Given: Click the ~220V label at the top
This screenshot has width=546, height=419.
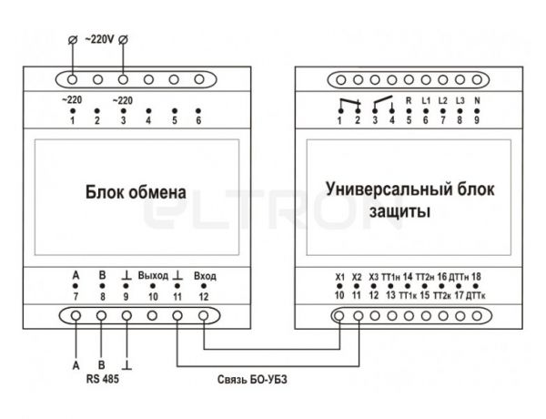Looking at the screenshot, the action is point(99,39).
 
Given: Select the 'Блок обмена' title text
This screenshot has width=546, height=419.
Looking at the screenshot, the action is point(136,192).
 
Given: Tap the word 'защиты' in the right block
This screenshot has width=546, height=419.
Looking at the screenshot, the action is point(399,211).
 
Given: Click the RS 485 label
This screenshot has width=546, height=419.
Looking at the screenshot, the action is point(102,379).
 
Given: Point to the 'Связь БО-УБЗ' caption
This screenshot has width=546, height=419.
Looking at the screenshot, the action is point(252,379).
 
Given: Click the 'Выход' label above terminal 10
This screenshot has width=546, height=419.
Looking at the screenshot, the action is point(153,275).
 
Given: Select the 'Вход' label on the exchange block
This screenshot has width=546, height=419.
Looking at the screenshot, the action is point(205,276).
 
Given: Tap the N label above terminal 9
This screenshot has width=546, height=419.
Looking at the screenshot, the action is point(477,100).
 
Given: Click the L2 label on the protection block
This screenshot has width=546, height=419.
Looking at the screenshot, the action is point(442,100).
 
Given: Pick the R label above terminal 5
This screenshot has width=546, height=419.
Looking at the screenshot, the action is point(409,100).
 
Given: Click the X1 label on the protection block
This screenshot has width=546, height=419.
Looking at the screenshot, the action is point(339,277).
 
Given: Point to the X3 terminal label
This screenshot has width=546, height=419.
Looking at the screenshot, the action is point(373,277).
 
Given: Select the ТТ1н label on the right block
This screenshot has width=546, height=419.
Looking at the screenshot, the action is point(390,277).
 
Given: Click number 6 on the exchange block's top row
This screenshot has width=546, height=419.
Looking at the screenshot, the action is point(198,120).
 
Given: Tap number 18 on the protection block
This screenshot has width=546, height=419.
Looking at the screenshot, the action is point(476,277).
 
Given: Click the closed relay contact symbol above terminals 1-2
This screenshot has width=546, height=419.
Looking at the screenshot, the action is point(349,103).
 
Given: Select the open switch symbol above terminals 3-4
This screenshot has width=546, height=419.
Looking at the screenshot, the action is point(383,102).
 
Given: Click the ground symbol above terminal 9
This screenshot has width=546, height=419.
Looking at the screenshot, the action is point(126,275).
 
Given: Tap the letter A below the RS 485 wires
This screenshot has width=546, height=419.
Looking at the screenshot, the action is point(76,365).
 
